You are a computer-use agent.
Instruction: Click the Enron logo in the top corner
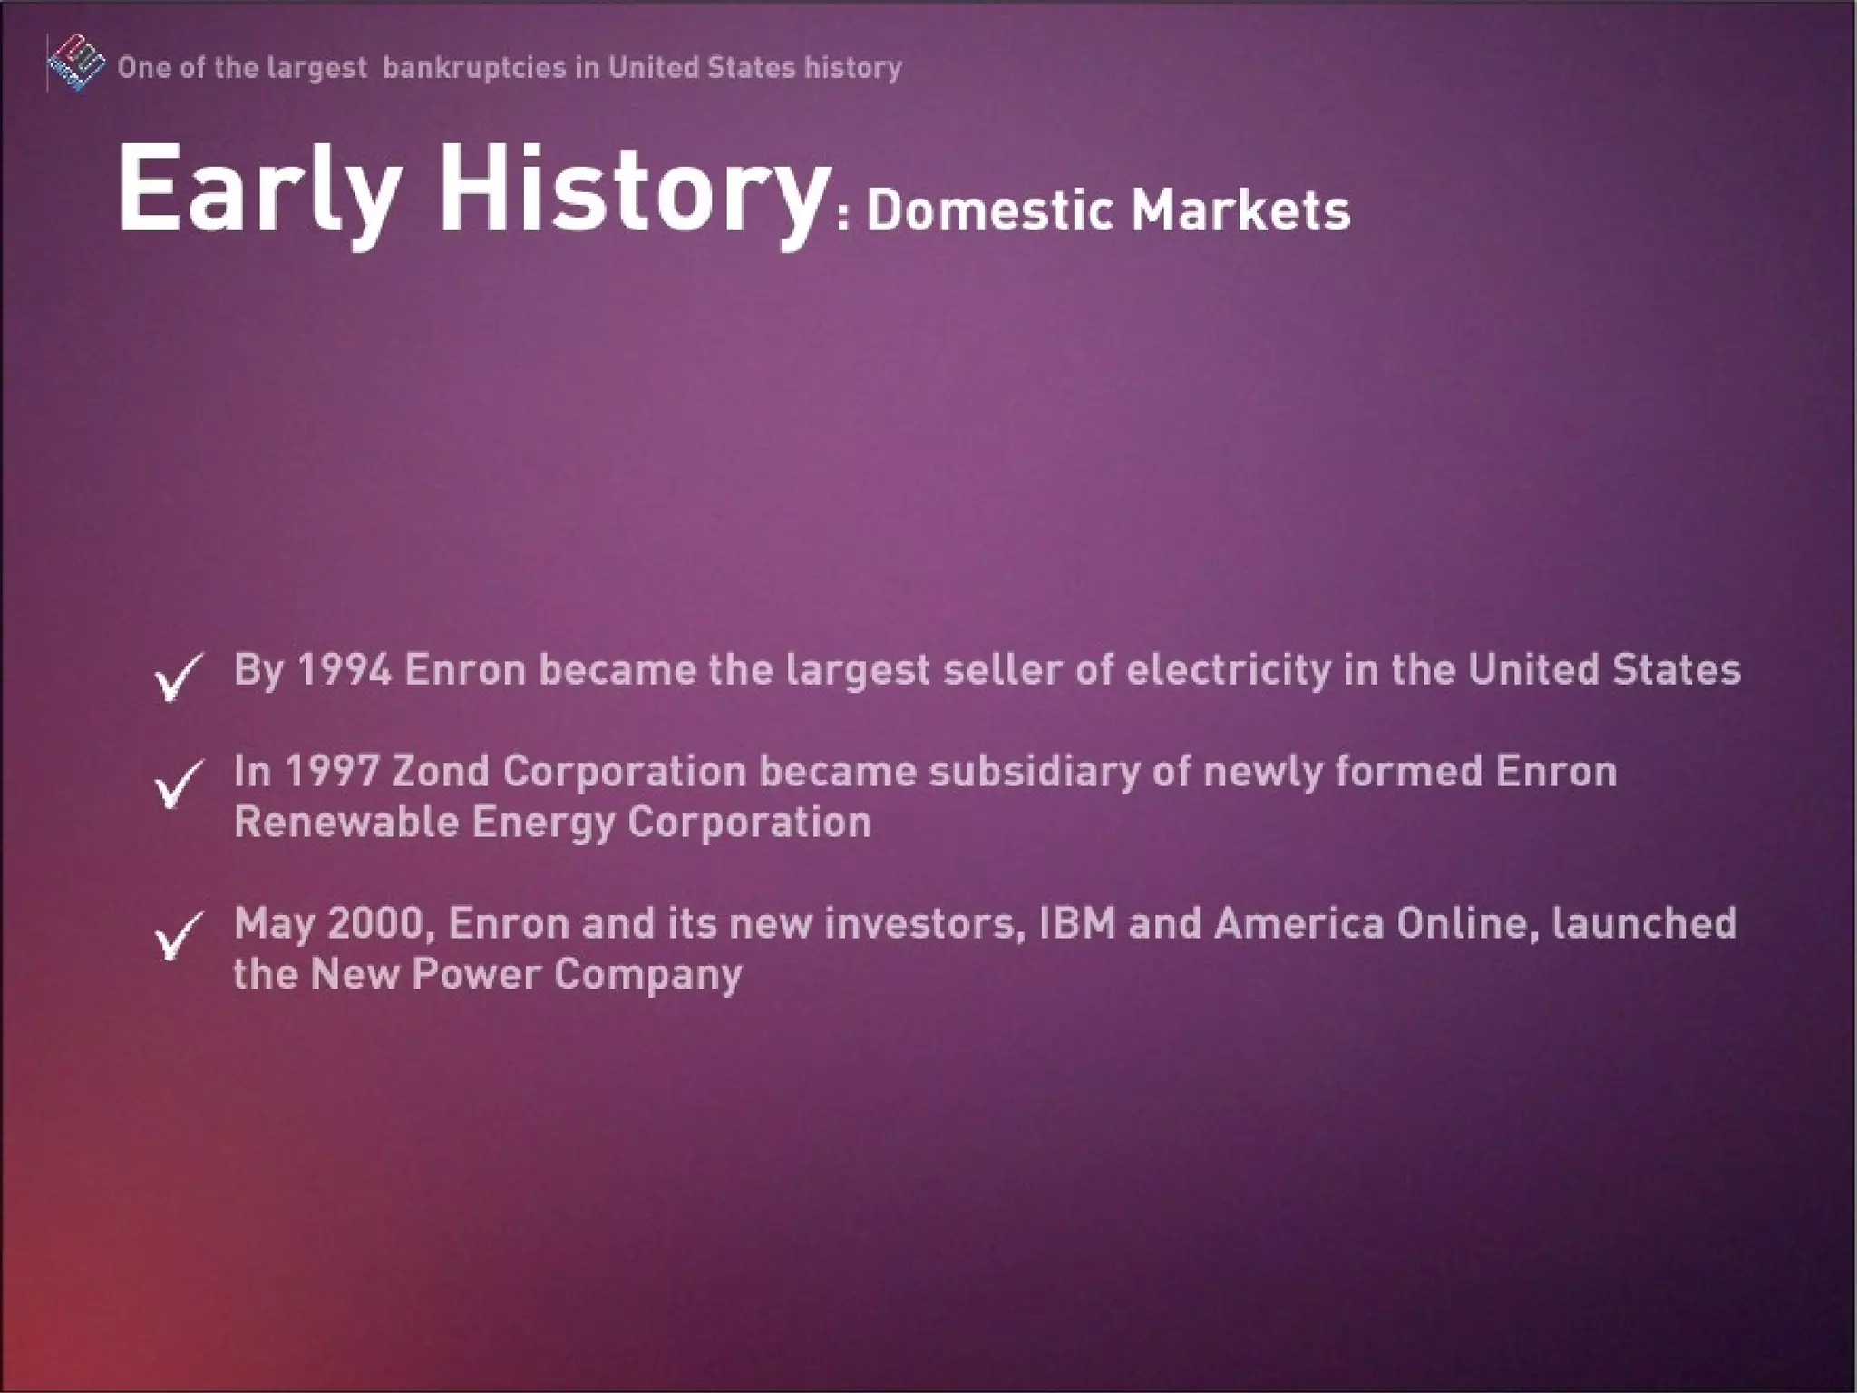point(74,63)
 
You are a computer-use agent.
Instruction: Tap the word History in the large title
point(630,192)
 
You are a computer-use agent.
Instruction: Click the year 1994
point(345,670)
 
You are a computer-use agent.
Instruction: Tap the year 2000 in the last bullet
point(377,923)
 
